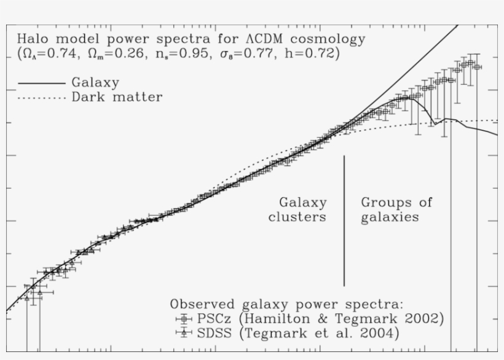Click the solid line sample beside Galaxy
41,82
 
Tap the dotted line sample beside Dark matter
41,98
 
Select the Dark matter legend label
117,97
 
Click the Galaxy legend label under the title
95,82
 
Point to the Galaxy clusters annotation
297,209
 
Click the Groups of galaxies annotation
396,209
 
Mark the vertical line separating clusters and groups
344,221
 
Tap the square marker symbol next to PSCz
184,319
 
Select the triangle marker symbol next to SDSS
184,334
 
